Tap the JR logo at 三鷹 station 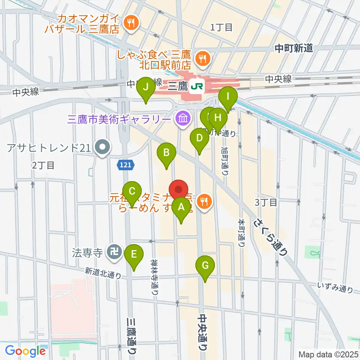[196, 87]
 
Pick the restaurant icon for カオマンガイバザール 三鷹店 [131, 23]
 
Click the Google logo [25, 351]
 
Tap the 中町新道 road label [294, 48]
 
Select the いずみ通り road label [335, 289]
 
